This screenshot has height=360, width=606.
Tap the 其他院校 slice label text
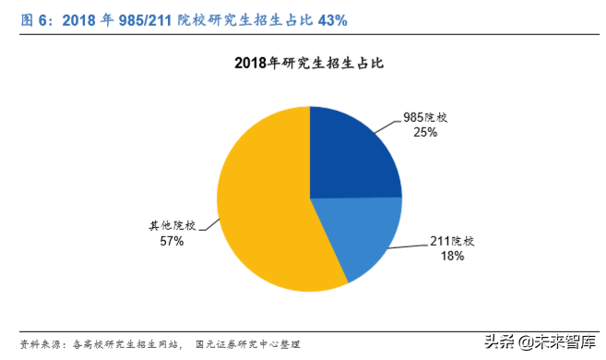(172, 225)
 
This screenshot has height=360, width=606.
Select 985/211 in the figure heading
(149, 19)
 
